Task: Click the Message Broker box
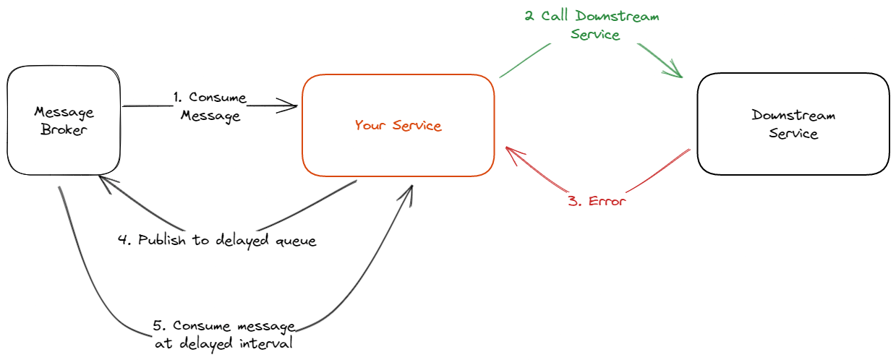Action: [x=64, y=120]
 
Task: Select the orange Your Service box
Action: [x=398, y=125]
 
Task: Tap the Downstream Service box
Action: [x=793, y=124]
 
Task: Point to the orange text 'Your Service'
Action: [x=398, y=126]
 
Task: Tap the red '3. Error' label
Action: [x=597, y=201]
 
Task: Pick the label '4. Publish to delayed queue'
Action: [x=217, y=241]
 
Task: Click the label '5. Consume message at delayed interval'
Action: [x=224, y=335]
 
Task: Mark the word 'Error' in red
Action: [x=606, y=201]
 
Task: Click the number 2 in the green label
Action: [x=529, y=16]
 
